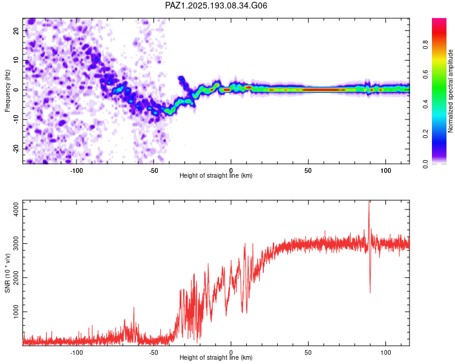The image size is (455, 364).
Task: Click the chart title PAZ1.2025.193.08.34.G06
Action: (216, 5)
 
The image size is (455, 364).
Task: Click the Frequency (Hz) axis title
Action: (7, 91)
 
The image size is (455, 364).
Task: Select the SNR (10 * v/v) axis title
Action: (7, 273)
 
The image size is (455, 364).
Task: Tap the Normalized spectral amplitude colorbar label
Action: (450, 91)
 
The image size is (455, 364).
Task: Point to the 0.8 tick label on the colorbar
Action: (425, 45)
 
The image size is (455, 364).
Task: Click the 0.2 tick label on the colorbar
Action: (425, 134)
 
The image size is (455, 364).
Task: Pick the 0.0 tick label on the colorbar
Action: (425, 164)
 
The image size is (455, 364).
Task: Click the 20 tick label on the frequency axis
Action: (16, 30)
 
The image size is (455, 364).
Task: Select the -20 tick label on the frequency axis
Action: (16, 149)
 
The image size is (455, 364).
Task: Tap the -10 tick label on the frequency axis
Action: (16, 120)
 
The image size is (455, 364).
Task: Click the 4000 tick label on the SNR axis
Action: (16, 209)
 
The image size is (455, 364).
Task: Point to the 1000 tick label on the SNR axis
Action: (16, 311)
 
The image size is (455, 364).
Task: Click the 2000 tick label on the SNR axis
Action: (16, 277)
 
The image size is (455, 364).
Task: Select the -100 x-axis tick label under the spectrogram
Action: (76, 170)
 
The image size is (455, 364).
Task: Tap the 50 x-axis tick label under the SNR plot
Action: (308, 352)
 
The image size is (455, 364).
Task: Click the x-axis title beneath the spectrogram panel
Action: (216, 175)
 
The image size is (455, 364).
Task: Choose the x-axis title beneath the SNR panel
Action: (216, 357)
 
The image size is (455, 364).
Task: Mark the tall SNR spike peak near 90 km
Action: (369, 201)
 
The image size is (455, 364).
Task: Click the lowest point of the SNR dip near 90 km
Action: (370, 292)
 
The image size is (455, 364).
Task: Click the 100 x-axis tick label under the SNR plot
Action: (386, 352)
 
